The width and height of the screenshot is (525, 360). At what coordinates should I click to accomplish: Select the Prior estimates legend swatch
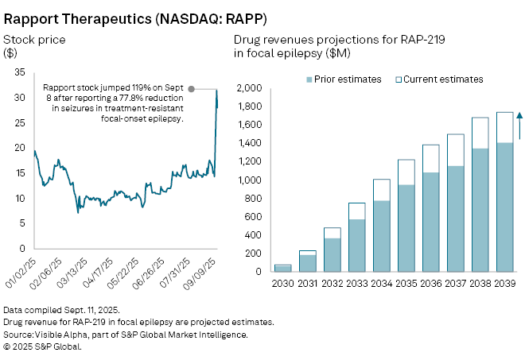311,79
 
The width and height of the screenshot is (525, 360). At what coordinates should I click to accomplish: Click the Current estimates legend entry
443,79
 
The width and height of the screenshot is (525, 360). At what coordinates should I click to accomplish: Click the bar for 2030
282,268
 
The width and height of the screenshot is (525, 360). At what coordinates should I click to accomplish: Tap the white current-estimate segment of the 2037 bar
455,149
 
